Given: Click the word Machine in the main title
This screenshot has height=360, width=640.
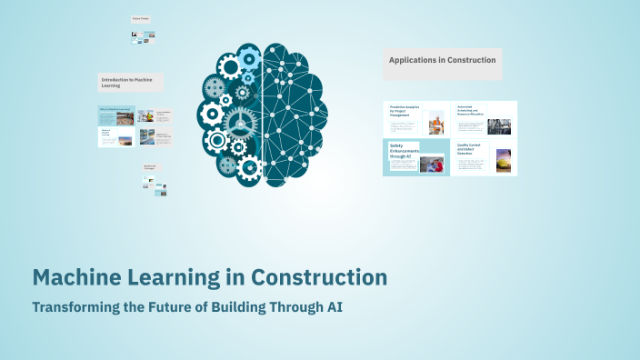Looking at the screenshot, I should [76, 276].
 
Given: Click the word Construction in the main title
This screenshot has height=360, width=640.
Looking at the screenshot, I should [318, 276].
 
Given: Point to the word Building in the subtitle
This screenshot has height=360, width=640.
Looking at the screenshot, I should [234, 306].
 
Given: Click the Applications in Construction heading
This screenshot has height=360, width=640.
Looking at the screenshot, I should [442, 60].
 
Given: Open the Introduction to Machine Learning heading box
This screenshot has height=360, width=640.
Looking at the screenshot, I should [130, 83].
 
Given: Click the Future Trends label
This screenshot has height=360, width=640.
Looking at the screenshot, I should [141, 18].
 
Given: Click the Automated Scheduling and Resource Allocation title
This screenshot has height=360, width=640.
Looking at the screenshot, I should [471, 110].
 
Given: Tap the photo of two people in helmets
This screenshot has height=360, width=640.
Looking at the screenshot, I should [431, 165].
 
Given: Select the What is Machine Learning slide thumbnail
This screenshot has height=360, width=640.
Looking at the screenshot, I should [115, 115].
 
